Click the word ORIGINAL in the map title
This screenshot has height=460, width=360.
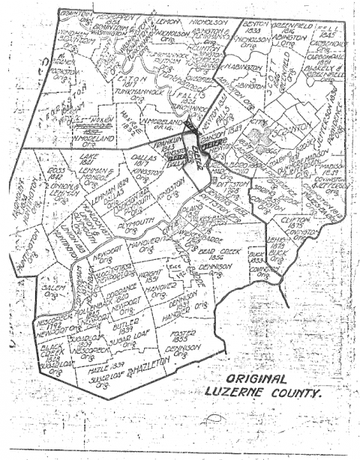[255, 380]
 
